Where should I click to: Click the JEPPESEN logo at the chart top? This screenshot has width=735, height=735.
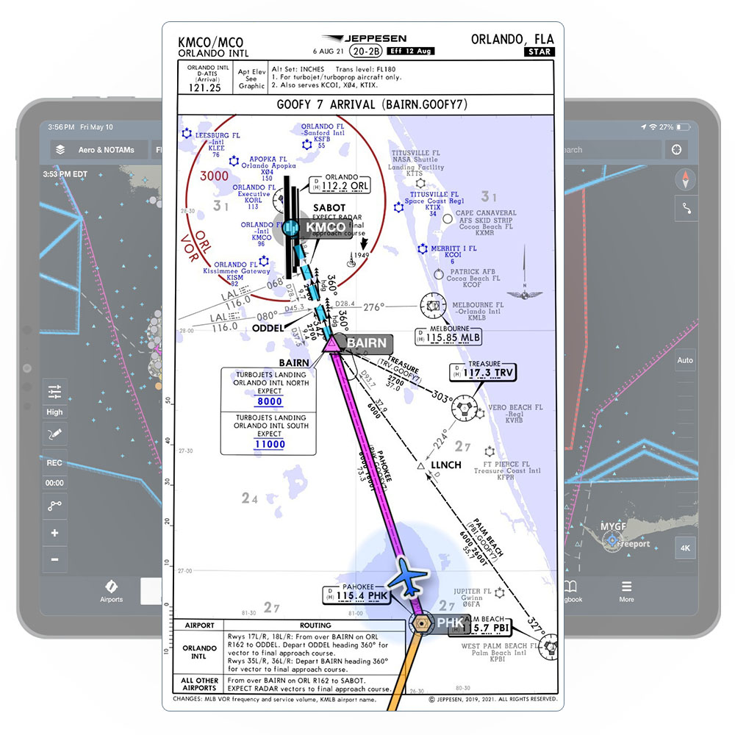pos(365,39)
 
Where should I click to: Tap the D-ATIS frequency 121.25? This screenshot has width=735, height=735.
pos(205,87)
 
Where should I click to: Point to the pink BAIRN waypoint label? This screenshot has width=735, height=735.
pos(365,343)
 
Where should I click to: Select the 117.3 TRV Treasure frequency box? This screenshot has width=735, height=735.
pos(484,373)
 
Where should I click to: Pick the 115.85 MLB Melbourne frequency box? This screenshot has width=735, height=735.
pos(448,336)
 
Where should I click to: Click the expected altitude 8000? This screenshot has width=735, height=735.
pos(270,402)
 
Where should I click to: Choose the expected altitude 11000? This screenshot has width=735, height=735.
pos(270,444)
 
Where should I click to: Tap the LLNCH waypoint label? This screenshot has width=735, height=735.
pos(445,465)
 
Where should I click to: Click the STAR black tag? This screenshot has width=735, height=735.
pos(539,51)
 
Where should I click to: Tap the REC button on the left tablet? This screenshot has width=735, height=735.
pos(55,463)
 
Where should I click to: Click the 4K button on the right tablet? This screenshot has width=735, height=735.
pos(685,548)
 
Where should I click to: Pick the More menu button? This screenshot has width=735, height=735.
pos(626,591)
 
